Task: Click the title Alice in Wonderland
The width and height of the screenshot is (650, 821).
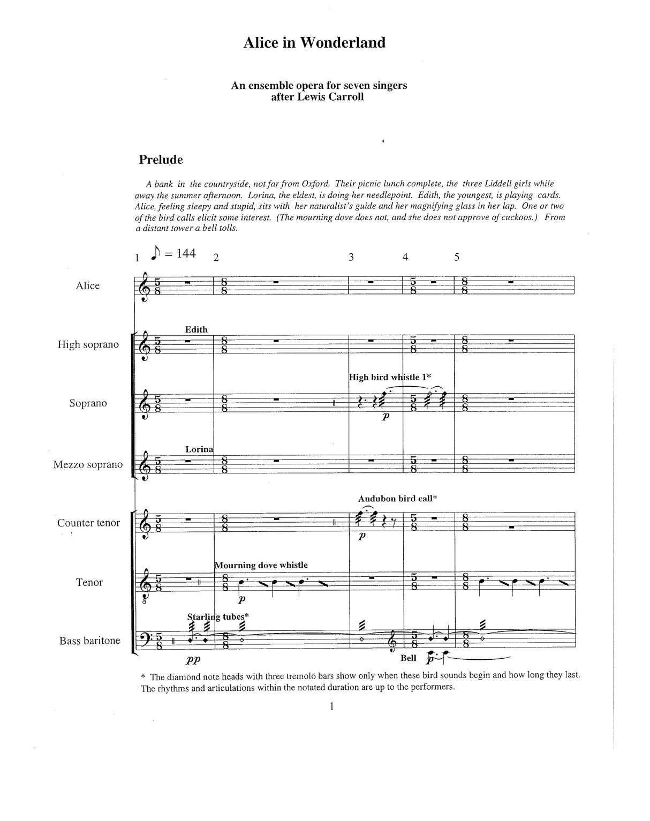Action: click(314, 43)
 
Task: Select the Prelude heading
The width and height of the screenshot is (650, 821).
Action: click(161, 160)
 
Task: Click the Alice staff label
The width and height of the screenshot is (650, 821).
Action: click(88, 285)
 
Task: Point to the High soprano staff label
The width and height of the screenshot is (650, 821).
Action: click(88, 344)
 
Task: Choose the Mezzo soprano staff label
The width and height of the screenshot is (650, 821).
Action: click(88, 464)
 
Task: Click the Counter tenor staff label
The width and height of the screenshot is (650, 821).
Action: click(89, 523)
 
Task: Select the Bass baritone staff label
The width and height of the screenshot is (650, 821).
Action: click(90, 641)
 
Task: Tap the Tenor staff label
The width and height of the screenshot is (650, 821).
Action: click(89, 582)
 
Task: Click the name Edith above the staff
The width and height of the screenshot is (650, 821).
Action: click(196, 329)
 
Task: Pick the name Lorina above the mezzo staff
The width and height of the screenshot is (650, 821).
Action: click(199, 449)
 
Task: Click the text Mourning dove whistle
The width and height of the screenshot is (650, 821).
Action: click(261, 565)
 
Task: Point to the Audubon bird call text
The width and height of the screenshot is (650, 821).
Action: click(398, 499)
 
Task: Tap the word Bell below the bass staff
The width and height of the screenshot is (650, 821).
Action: click(408, 658)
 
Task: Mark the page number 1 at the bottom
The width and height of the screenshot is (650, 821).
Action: click(332, 706)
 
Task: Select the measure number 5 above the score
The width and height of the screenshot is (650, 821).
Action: click(457, 257)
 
